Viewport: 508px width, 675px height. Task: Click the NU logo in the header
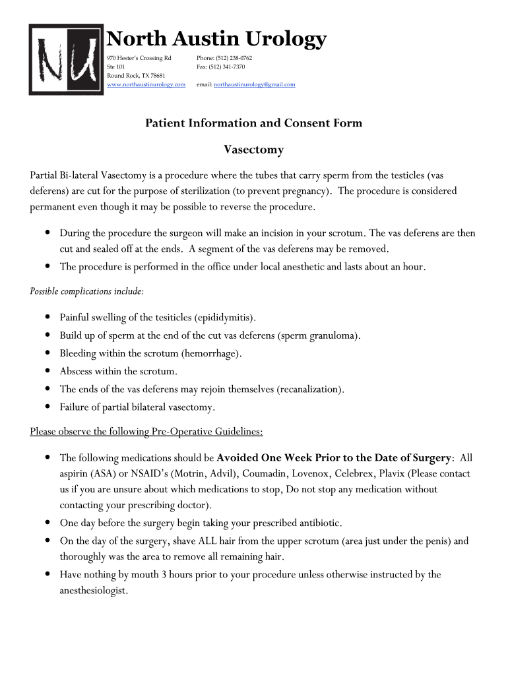(67, 59)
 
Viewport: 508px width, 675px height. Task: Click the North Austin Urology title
(216, 39)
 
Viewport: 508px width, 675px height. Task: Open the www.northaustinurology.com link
(146, 84)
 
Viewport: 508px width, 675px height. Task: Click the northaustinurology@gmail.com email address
(255, 84)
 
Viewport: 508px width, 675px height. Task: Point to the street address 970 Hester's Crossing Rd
(139, 58)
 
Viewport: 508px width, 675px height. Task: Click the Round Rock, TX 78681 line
(136, 76)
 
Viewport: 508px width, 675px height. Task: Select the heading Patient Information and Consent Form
(253, 123)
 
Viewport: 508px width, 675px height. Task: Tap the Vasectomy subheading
(254, 150)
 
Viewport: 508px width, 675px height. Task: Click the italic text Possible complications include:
(87, 291)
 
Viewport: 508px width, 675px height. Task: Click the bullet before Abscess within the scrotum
(48, 371)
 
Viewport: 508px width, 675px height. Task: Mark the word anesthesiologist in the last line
(93, 591)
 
